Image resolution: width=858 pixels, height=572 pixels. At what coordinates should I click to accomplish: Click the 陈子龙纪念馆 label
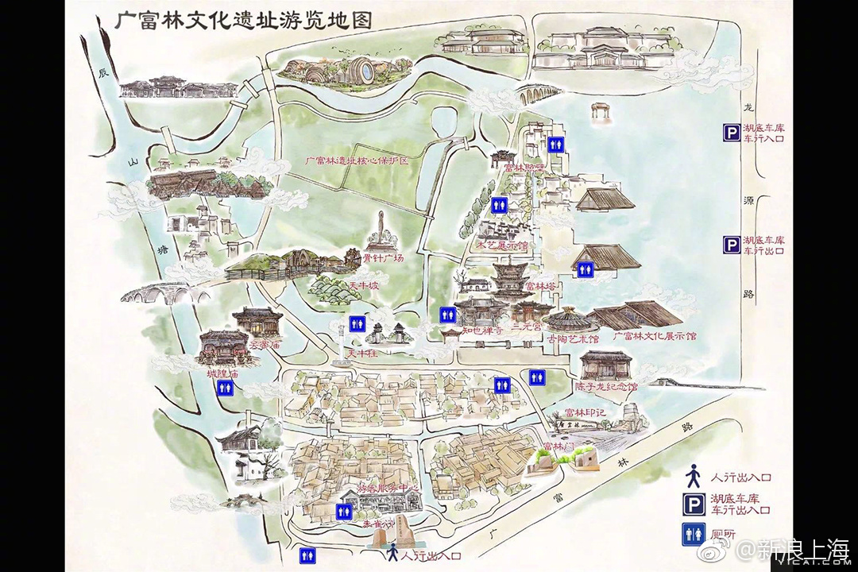pos(606,387)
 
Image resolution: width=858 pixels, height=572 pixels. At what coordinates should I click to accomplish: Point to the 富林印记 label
pos(586,413)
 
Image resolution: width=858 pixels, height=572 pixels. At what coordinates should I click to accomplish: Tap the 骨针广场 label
pos(384,259)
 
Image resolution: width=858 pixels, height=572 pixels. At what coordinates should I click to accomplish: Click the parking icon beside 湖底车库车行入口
pos(730,133)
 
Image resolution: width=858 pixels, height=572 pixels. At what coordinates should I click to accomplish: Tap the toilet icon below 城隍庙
pos(225,388)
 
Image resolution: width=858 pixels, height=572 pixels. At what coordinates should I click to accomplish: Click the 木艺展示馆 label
pos(501,246)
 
